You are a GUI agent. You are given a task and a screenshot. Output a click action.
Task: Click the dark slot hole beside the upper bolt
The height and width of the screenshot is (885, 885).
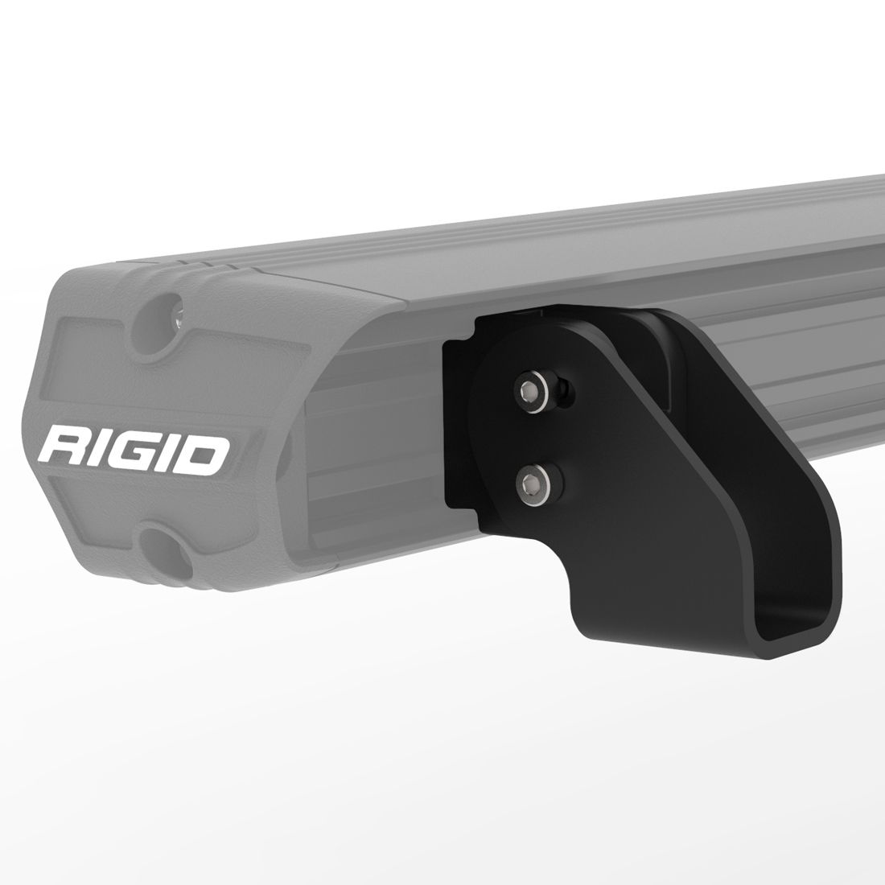pyautogui.click(x=567, y=390)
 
